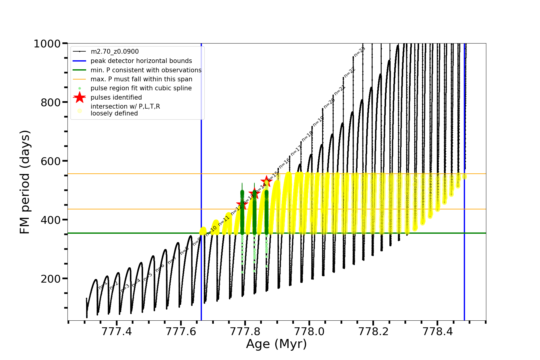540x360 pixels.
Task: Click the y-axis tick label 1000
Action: [x=47, y=44]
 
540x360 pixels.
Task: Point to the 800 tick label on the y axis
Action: [x=50, y=103]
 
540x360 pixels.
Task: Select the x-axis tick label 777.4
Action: [x=117, y=332]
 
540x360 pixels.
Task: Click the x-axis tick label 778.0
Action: [x=309, y=332]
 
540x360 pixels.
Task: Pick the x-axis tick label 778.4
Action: [x=437, y=332]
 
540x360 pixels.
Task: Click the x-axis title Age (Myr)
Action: [x=276, y=344]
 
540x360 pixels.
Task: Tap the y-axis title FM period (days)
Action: [x=25, y=182]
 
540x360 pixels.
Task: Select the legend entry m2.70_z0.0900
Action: [x=115, y=52]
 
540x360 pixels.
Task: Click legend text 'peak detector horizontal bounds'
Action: [x=141, y=61]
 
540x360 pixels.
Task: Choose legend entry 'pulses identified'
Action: [x=116, y=97]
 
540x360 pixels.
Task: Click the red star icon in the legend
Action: [x=79, y=97]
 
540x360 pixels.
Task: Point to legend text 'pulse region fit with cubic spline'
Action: [x=141, y=88]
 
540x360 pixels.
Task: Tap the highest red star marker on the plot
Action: [x=266, y=181]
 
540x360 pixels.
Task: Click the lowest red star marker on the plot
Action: [x=242, y=205]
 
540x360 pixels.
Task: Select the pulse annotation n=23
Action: [x=359, y=52]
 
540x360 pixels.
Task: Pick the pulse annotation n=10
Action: [x=211, y=231]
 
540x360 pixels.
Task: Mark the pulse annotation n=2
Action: [x=114, y=285]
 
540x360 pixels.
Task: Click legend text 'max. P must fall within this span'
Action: [x=141, y=79]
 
